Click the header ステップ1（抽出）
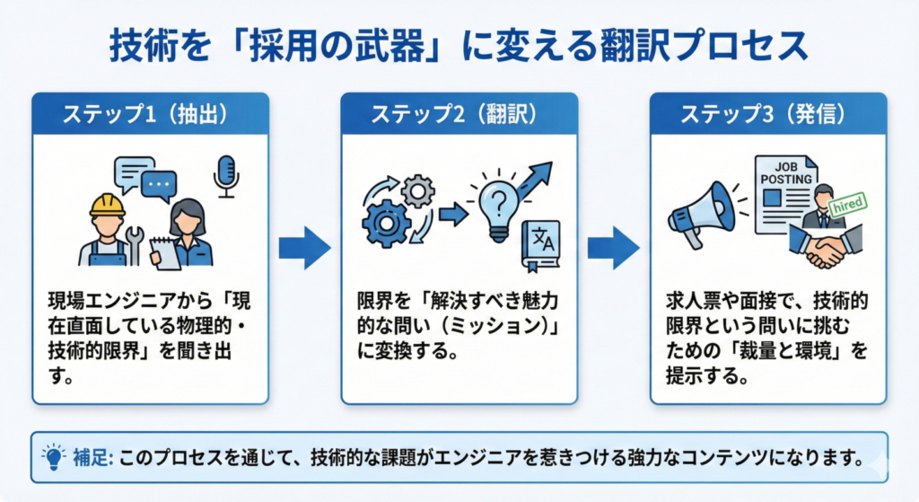tap(150, 114)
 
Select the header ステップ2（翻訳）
tap(459, 114)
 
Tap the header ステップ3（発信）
tap(768, 114)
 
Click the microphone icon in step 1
tap(226, 176)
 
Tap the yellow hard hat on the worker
tap(107, 206)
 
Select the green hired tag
tap(848, 204)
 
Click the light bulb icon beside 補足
tap(54, 457)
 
